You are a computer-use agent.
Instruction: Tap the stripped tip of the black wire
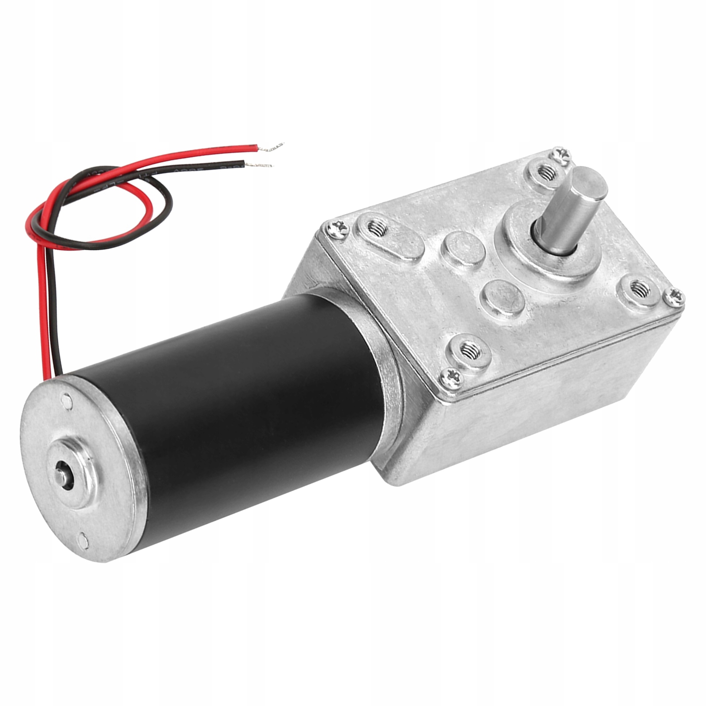[x=263, y=165]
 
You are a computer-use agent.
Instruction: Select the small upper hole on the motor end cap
[x=67, y=401]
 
